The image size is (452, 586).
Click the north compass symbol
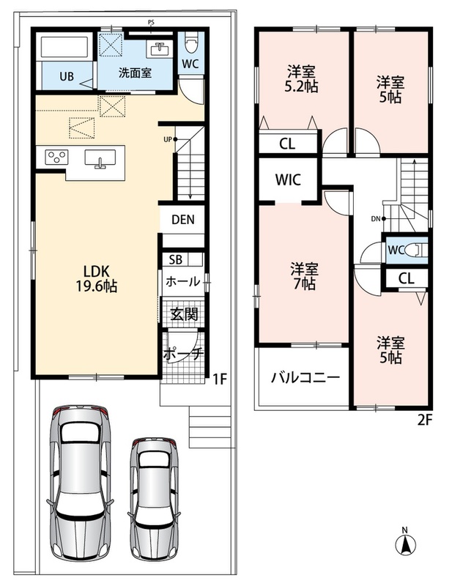pyautogui.click(x=405, y=543)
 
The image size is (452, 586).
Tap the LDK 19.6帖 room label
pyautogui.click(x=96, y=278)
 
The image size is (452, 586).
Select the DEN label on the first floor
pyautogui.click(x=183, y=219)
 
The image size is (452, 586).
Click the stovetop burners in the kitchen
pyautogui.click(x=56, y=157)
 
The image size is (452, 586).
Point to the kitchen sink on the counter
pyautogui.click(x=100, y=158)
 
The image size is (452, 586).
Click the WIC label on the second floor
pyautogui.click(x=288, y=179)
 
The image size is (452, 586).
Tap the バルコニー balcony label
pyautogui.click(x=305, y=377)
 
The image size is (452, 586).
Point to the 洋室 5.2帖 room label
pyautogui.click(x=301, y=79)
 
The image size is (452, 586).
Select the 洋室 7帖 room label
pyautogui.click(x=304, y=276)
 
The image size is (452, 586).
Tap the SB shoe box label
pyautogui.click(x=175, y=259)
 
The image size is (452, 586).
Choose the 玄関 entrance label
pyautogui.click(x=185, y=314)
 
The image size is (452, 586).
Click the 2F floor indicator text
pyautogui.click(x=425, y=420)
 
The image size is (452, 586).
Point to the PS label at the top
pyautogui.click(x=151, y=23)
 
